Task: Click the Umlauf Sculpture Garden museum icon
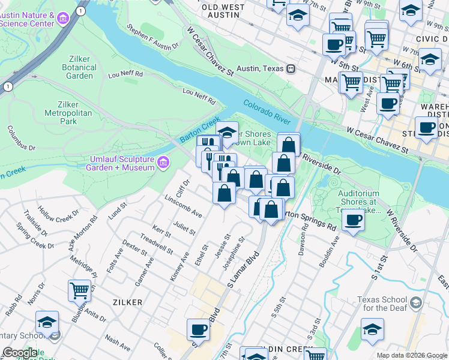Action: [163, 163]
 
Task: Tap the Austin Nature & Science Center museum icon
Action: [63, 20]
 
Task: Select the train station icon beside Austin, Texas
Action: [290, 68]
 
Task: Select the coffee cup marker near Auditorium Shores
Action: [353, 220]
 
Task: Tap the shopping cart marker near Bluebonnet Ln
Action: [79, 291]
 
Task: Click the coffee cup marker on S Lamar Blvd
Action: [198, 330]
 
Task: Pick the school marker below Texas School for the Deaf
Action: [372, 329]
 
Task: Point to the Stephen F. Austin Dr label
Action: [154, 37]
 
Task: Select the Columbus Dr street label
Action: [22, 138]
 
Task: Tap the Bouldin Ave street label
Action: [330, 251]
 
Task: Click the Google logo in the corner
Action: [20, 353]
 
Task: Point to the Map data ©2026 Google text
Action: [411, 355]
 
